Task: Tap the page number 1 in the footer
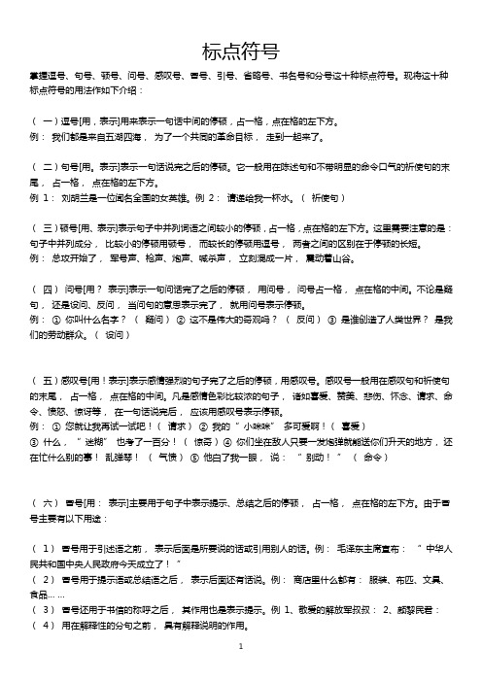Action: click(240, 672)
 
